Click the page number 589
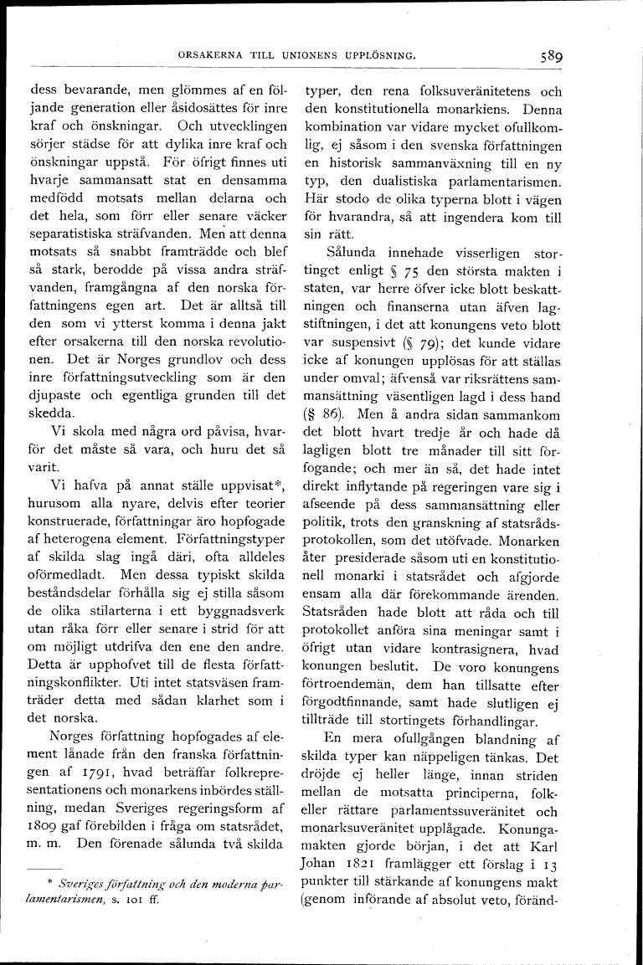tap(550, 57)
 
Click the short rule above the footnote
tap(44, 867)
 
